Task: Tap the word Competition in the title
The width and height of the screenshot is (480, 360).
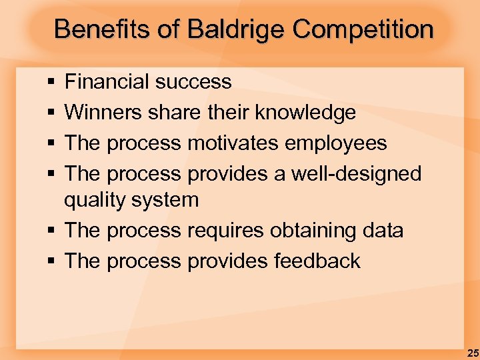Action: [363, 29]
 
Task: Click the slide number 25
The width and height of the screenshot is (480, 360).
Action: [473, 352]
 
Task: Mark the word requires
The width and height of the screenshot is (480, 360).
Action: [225, 231]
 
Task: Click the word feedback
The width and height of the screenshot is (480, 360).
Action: [317, 261]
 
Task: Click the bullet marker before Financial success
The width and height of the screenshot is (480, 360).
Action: [51, 83]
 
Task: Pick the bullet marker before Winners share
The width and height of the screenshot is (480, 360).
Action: [51, 113]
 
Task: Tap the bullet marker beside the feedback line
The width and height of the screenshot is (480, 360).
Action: [51, 261]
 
